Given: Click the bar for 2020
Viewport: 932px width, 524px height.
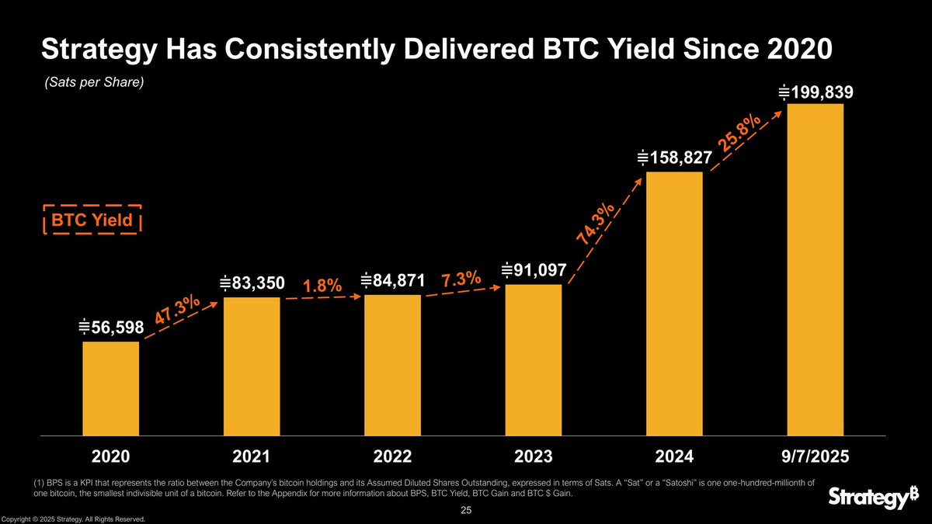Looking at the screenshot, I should [111, 388].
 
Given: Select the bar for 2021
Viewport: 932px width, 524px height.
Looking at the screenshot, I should [252, 366].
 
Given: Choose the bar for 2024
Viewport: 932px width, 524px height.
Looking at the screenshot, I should [674, 304].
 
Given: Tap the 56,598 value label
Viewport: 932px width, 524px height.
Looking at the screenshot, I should [112, 328].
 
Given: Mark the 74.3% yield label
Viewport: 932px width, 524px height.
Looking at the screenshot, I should [597, 224].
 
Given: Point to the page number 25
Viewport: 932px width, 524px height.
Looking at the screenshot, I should [466, 511].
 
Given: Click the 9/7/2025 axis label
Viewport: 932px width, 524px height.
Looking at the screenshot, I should [815, 456].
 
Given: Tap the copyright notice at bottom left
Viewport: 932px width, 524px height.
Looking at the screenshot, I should [74, 519].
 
